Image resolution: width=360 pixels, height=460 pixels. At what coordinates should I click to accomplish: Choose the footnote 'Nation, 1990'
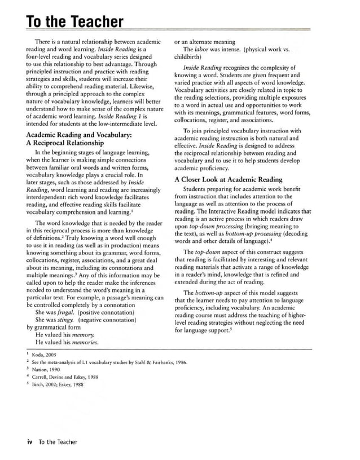pyautogui.click(x=47, y=370)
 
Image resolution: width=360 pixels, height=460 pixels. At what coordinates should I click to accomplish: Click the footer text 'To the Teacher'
pyautogui.click(x=58, y=441)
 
